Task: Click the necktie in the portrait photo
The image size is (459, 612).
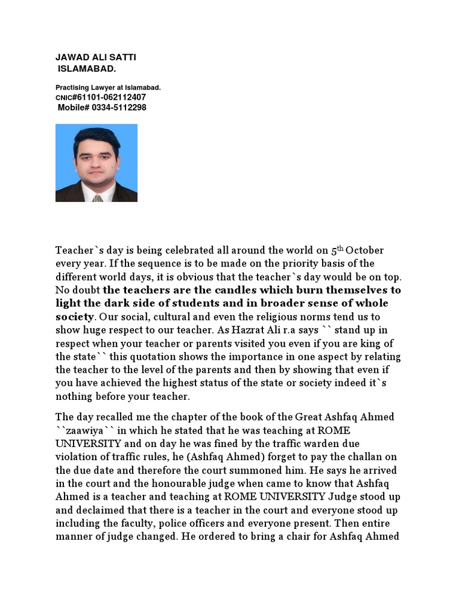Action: click(x=97, y=197)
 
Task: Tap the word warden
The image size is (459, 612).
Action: click(x=305, y=443)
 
